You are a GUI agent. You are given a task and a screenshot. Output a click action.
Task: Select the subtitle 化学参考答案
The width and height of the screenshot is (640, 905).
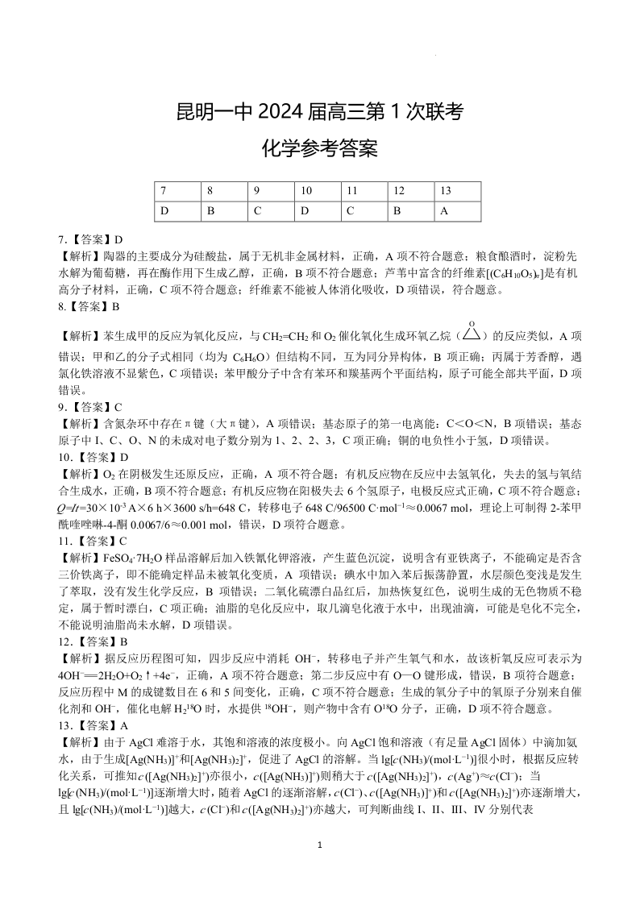(320, 149)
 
